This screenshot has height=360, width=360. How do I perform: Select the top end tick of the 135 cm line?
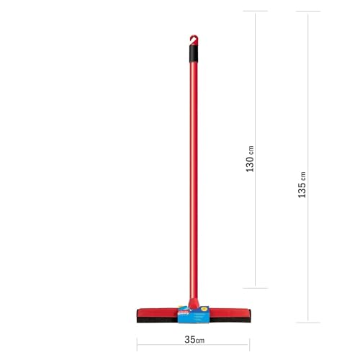point(308,12)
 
